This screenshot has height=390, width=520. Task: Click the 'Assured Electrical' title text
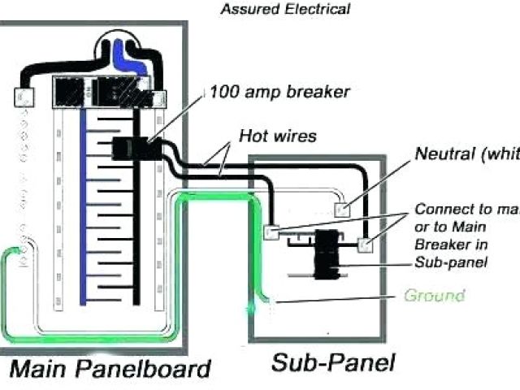coord(285,10)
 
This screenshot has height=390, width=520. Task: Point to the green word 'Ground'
coord(434,295)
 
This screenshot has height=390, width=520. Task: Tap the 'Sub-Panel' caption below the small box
coord(333,362)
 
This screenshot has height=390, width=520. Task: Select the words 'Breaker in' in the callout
coord(447,245)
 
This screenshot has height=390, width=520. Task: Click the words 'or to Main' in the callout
coord(446,227)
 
